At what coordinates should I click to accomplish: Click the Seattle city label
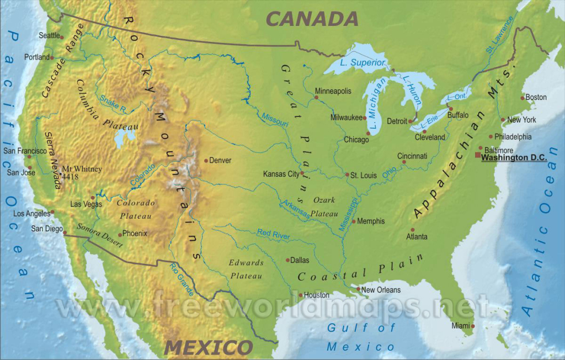pyautogui.click(x=49, y=35)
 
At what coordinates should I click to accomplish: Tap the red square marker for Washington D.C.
pyautogui.click(x=478, y=155)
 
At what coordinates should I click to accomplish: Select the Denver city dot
pyautogui.click(x=206, y=161)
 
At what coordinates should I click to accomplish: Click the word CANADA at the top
pyautogui.click(x=312, y=19)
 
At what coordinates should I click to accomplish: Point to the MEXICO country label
pyautogui.click(x=208, y=348)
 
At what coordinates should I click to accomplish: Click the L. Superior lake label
pyautogui.click(x=361, y=62)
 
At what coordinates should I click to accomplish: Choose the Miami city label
pyautogui.click(x=461, y=326)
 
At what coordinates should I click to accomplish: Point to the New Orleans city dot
pyautogui.click(x=358, y=289)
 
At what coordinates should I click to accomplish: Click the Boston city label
pyautogui.click(x=536, y=98)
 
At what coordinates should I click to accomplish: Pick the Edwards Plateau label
pyautogui.click(x=246, y=269)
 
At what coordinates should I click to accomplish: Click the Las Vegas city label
pyautogui.click(x=86, y=204)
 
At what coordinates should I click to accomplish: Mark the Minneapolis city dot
pyautogui.click(x=316, y=98)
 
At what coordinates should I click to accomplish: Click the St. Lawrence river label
pyautogui.click(x=500, y=34)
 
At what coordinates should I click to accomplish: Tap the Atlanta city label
pyautogui.click(x=417, y=237)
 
